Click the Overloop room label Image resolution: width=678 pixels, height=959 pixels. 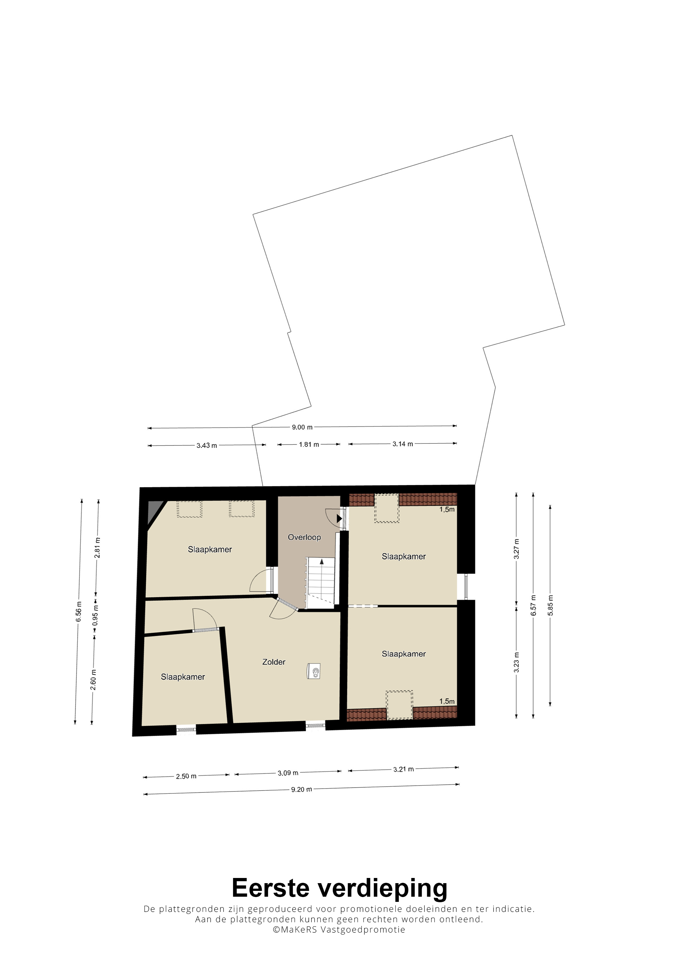tap(304, 537)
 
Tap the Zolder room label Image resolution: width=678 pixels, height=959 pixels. tap(274, 662)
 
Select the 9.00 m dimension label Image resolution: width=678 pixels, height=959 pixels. tap(302, 427)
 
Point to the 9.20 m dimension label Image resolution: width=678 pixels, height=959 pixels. tap(302, 790)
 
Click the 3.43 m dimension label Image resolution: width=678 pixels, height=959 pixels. tap(207, 446)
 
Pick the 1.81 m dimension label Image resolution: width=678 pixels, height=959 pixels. tap(309, 444)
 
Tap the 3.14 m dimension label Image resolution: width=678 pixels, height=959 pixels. tap(403, 444)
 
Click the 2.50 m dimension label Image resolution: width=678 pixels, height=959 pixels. tap(186, 777)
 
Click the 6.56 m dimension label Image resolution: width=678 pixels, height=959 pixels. tap(78, 612)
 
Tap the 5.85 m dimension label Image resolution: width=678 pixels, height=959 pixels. tap(550, 605)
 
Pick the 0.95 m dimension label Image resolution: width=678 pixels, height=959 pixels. tap(95, 615)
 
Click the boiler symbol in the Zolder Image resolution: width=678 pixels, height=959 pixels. tap(314, 672)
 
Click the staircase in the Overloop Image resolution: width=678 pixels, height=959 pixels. tap(321, 582)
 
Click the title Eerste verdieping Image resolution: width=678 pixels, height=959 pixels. tap(339, 888)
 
